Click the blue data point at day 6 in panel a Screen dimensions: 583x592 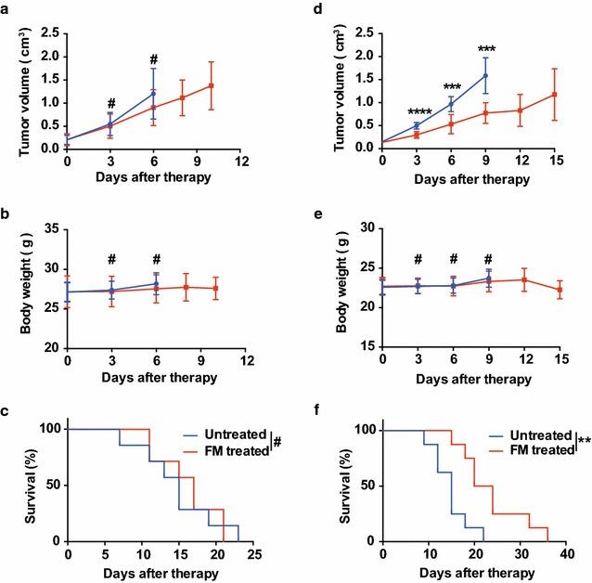point(154,93)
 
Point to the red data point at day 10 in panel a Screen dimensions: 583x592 point(212,85)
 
